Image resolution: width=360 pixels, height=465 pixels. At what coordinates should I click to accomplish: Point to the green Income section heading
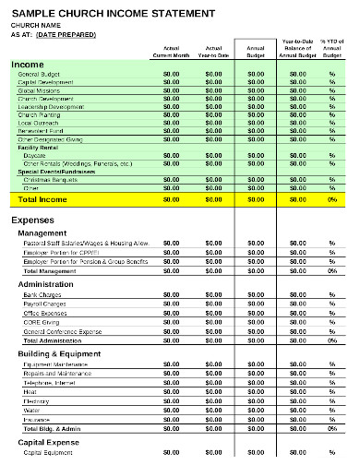click(x=28, y=65)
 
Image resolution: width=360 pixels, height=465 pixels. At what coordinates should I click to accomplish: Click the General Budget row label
click(x=41, y=73)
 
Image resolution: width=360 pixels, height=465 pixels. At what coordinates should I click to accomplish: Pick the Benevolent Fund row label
click(x=42, y=131)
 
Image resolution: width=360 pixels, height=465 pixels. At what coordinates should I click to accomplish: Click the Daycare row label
click(x=35, y=155)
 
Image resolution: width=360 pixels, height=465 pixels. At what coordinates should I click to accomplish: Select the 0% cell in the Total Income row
click(x=331, y=198)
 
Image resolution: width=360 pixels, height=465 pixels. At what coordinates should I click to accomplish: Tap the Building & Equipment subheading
click(x=59, y=352)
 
